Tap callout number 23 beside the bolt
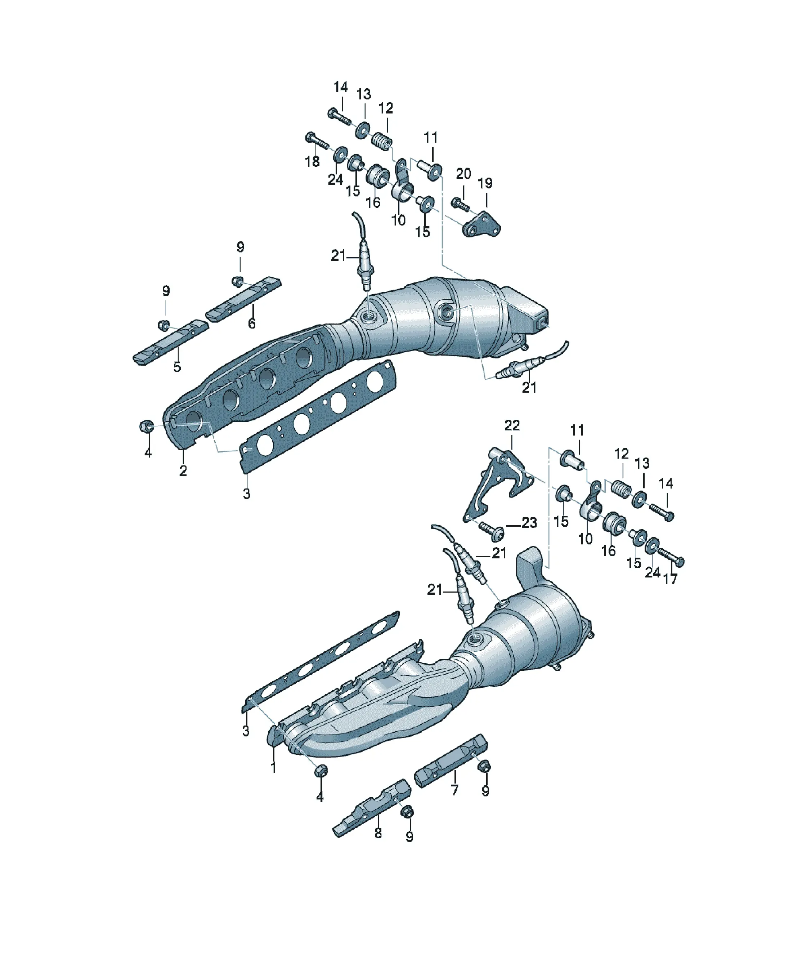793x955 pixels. click(x=529, y=523)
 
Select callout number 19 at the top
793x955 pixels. click(x=485, y=183)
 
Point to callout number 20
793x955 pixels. click(x=463, y=174)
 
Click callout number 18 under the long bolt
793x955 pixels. click(x=312, y=161)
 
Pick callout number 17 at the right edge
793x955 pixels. click(x=670, y=579)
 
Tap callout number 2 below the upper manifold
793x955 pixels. click(x=183, y=471)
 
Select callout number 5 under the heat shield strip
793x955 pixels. click(x=177, y=366)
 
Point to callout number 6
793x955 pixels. click(x=251, y=323)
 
